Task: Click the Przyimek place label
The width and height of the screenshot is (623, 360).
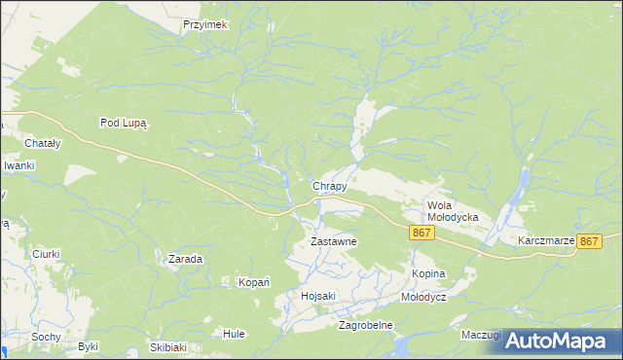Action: click(204, 25)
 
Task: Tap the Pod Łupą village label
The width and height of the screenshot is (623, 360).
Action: click(123, 123)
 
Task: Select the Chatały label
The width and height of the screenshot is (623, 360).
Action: click(19, 143)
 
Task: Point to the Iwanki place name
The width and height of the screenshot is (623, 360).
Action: click(18, 165)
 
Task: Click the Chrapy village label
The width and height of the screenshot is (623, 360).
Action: click(329, 185)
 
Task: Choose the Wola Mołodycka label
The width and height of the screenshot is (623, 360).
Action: click(453, 211)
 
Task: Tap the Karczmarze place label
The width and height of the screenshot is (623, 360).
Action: click(546, 239)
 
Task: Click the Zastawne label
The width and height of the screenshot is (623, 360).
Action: click(334, 240)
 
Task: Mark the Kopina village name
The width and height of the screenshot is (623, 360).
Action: click(428, 275)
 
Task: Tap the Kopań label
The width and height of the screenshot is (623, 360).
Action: click(254, 282)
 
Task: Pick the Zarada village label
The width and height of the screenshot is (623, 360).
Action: click(185, 260)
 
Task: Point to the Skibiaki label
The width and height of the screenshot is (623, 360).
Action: click(167, 346)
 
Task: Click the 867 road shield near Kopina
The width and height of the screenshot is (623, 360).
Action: click(421, 233)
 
